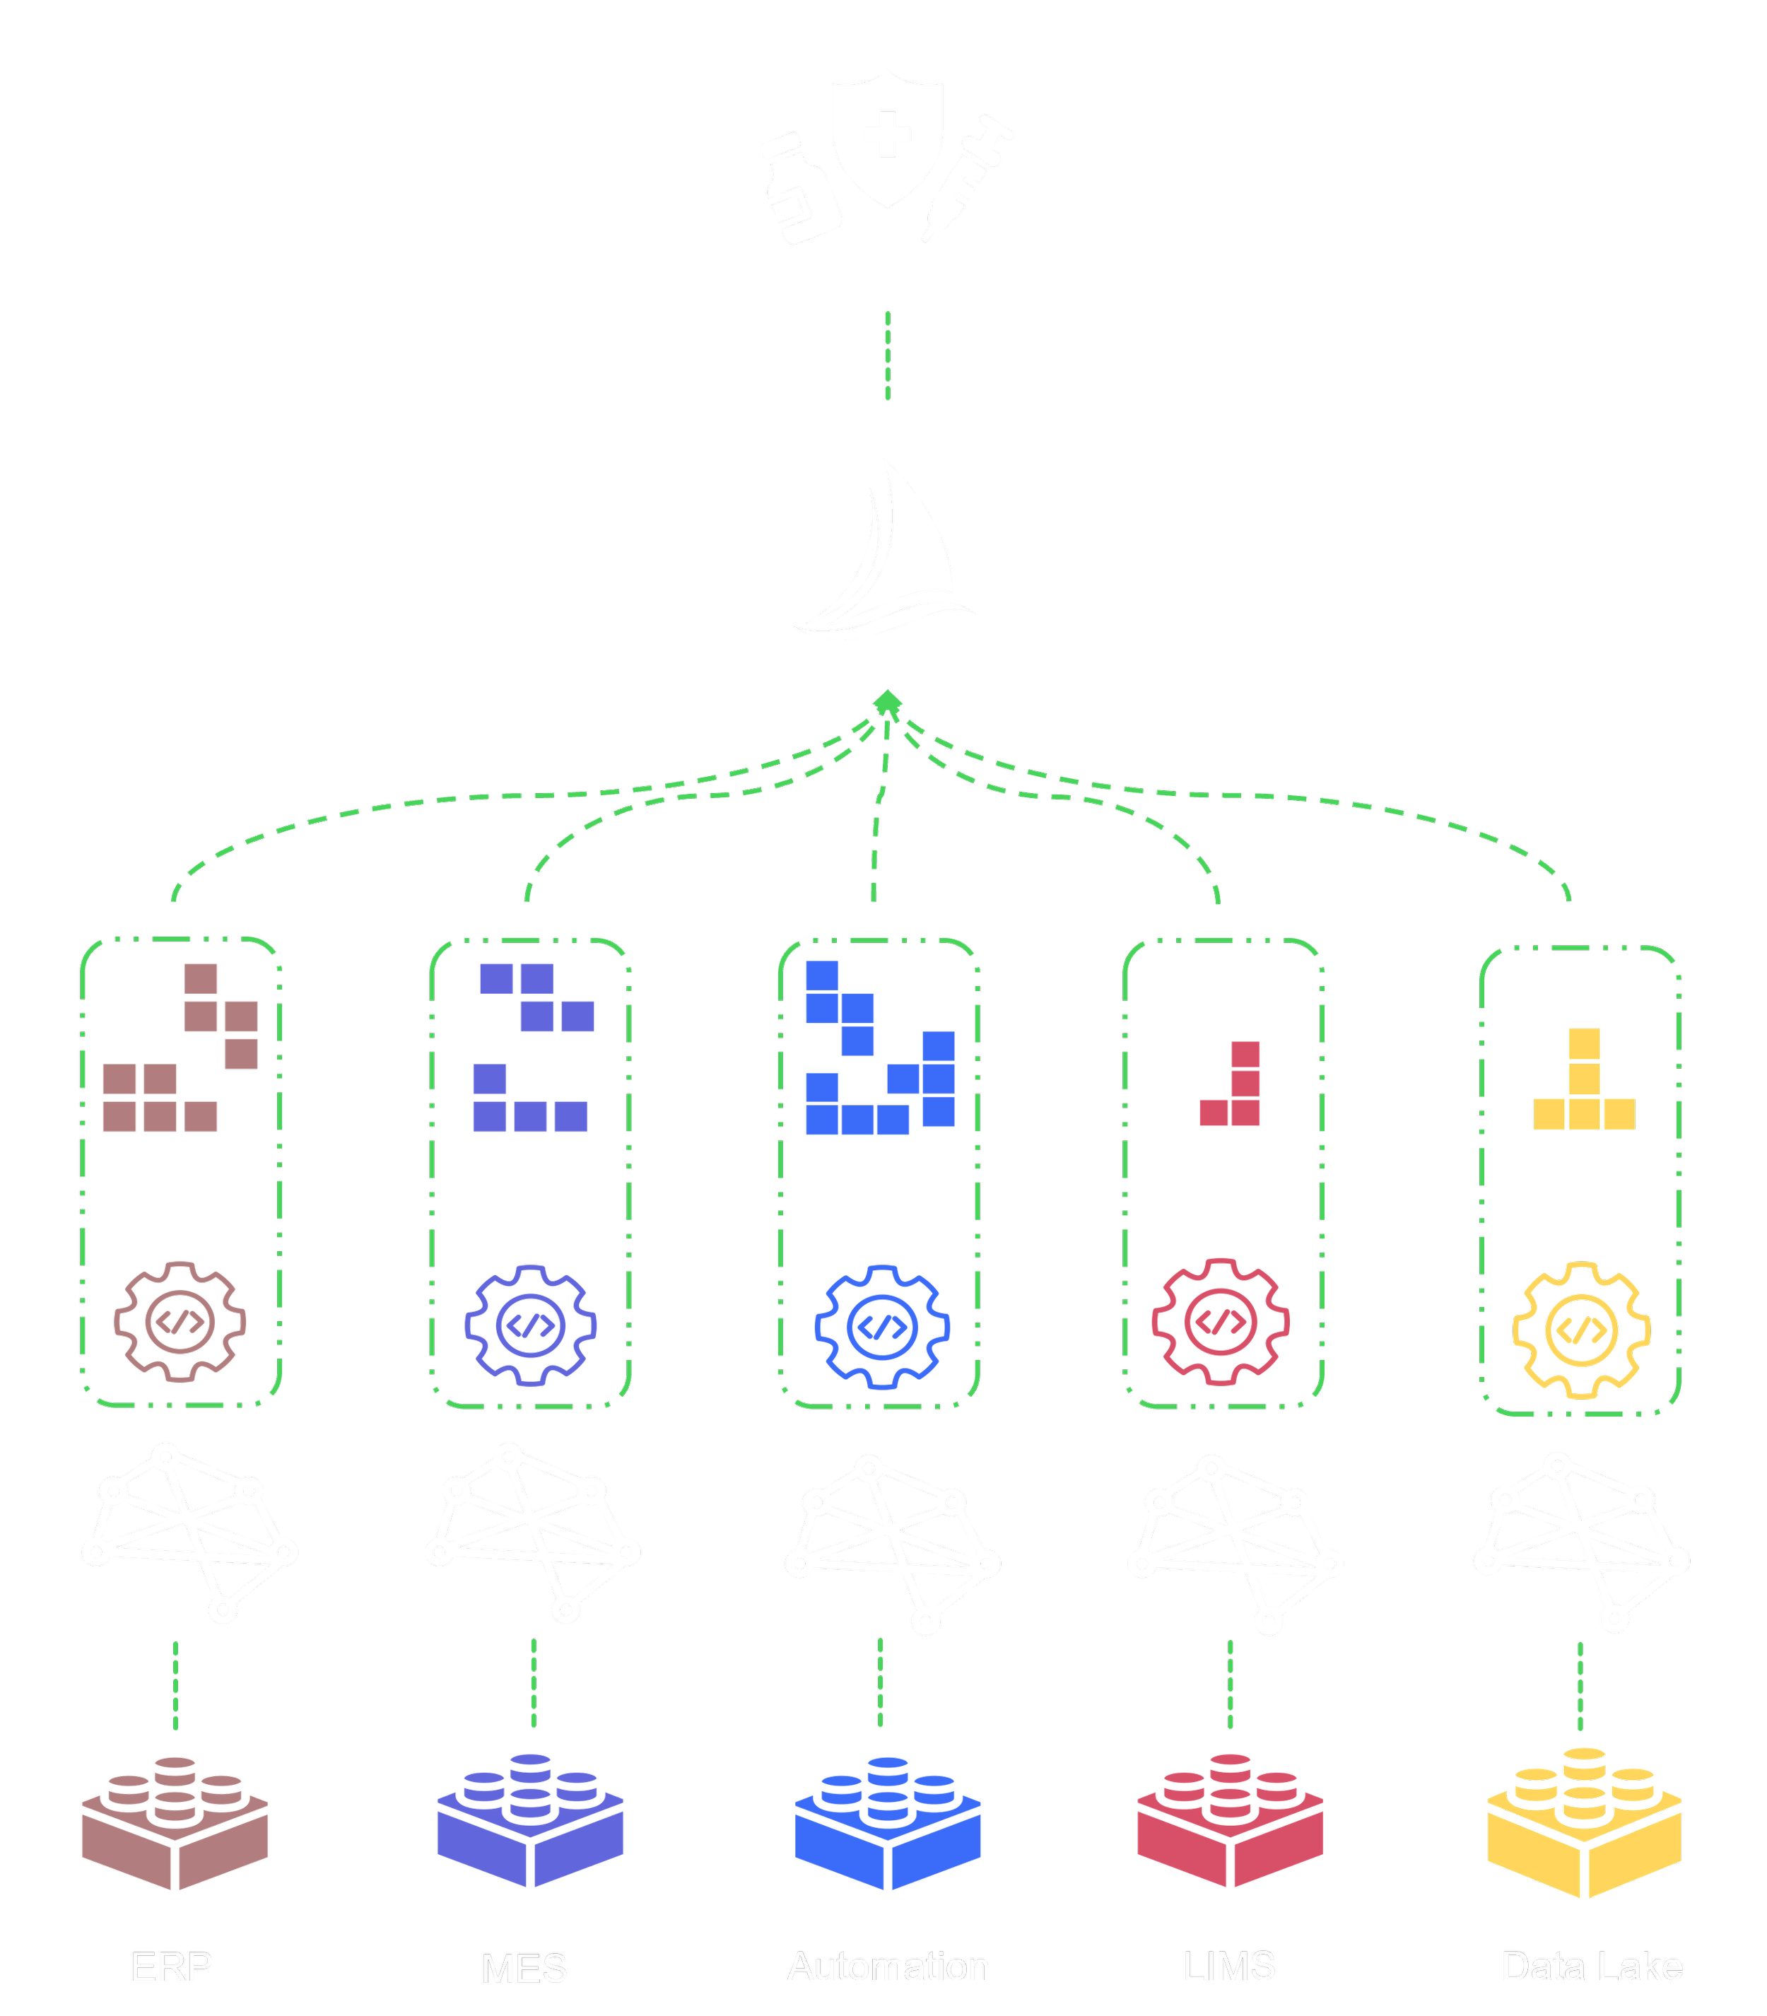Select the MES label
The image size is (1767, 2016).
click(524, 1969)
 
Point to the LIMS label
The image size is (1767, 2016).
click(1230, 1969)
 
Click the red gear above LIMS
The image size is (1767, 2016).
click(1220, 1322)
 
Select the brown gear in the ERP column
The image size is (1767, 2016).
click(180, 1322)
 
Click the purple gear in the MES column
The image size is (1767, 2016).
click(531, 1325)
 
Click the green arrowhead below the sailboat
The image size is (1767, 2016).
click(888, 701)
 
